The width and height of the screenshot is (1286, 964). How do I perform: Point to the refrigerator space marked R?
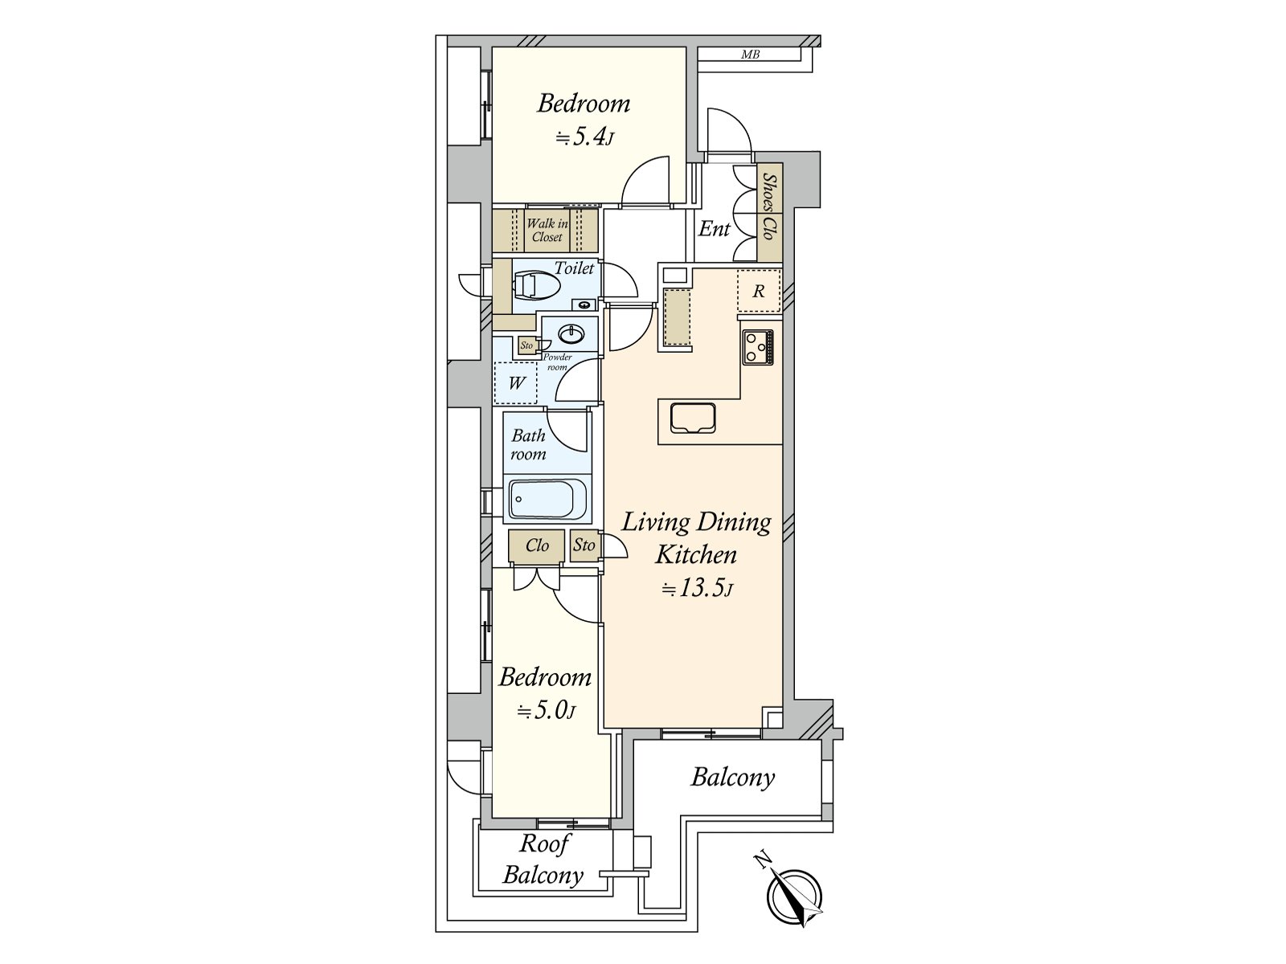click(758, 292)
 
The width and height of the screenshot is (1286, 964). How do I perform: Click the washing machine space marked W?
click(516, 383)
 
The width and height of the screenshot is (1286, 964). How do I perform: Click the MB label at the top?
click(750, 55)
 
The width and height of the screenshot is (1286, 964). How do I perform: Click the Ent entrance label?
click(714, 229)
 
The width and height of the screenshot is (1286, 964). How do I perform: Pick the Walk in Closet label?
click(547, 231)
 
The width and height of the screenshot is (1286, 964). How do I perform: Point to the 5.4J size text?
click(584, 137)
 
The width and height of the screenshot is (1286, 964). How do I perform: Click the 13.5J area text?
click(696, 590)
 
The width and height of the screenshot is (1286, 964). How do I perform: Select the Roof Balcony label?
click(543, 860)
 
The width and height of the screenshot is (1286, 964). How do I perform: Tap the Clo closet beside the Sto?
click(537, 546)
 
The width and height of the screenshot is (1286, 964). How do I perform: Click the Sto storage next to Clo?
click(584, 545)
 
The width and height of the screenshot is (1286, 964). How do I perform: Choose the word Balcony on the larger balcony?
click(732, 778)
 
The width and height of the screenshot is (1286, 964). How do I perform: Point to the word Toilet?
click(574, 268)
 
